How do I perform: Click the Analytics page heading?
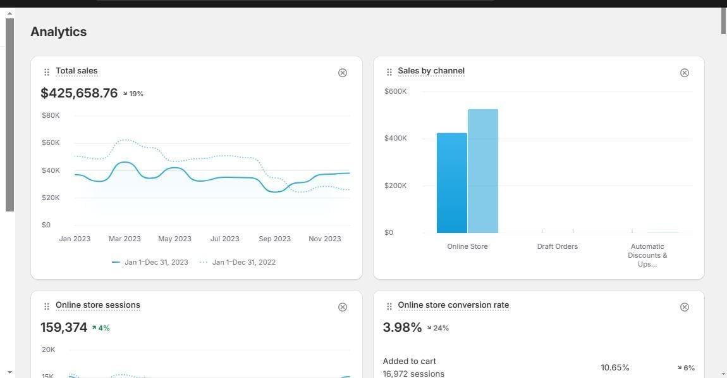pyautogui.click(x=58, y=32)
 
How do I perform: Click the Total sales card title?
pyautogui.click(x=76, y=70)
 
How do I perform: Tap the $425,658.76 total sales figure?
pyautogui.click(x=79, y=93)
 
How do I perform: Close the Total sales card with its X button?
pyautogui.click(x=343, y=72)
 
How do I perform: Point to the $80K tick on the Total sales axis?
pyautogui.click(x=51, y=115)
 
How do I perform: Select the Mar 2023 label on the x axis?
pyautogui.click(x=125, y=239)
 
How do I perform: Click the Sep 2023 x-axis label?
pyautogui.click(x=274, y=239)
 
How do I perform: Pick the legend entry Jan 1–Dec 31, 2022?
pyautogui.click(x=238, y=262)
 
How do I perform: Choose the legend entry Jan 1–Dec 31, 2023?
pyautogui.click(x=150, y=262)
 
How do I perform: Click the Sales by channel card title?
pyautogui.click(x=431, y=70)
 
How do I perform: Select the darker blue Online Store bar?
pyautogui.click(x=452, y=183)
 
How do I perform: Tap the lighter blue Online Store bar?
pyautogui.click(x=483, y=171)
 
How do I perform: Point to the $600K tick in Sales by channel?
pyautogui.click(x=396, y=91)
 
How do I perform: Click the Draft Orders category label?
pyautogui.click(x=558, y=246)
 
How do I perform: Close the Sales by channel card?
pyautogui.click(x=685, y=72)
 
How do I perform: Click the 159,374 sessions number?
pyautogui.click(x=64, y=327)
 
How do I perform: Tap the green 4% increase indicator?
pyautogui.click(x=101, y=328)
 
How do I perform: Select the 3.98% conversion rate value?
pyautogui.click(x=403, y=327)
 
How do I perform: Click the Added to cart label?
pyautogui.click(x=410, y=362)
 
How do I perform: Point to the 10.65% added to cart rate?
pyautogui.click(x=615, y=368)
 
